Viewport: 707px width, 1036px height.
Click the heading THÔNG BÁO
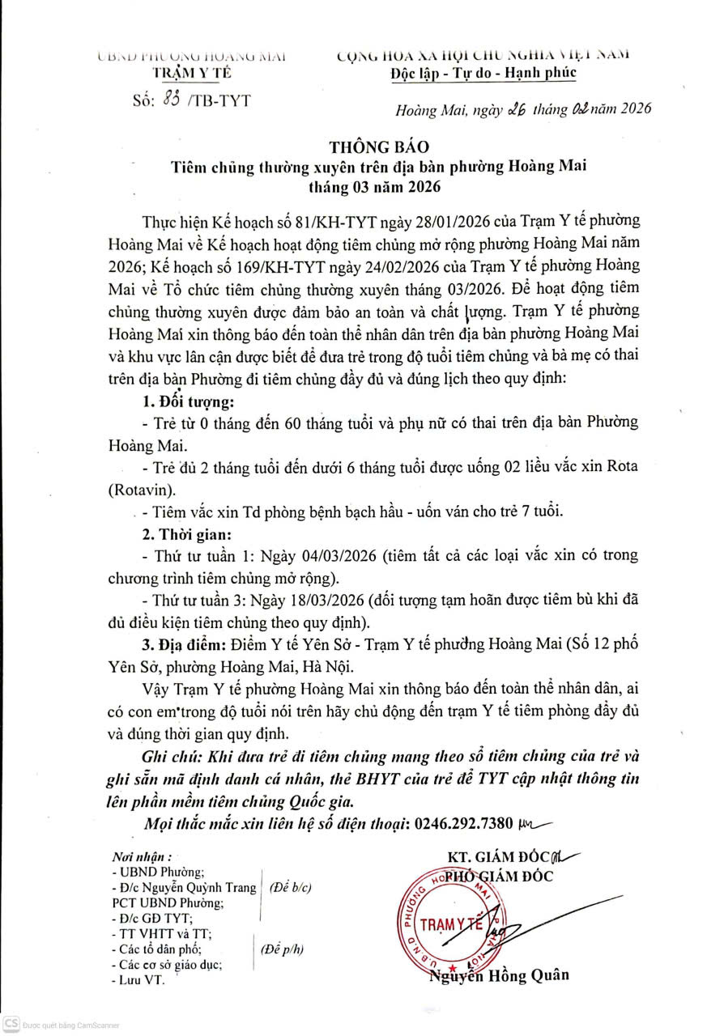(377, 146)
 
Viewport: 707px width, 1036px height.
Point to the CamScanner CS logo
(11, 1024)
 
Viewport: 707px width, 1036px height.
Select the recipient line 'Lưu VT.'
(140, 979)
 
